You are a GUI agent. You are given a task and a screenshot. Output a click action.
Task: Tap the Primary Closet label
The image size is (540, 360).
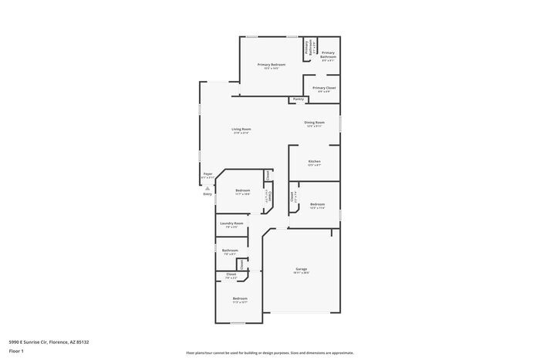pos(323,88)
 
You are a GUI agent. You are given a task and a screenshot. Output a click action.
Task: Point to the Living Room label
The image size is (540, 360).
pos(241,129)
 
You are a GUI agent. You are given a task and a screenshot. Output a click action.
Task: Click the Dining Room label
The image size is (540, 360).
pos(314,123)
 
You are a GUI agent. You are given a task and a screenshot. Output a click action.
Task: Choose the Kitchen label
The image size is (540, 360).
pos(314,161)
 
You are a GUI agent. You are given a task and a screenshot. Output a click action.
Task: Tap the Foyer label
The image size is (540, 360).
pos(208,174)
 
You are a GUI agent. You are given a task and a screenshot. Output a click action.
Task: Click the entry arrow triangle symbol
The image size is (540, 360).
pos(207,187)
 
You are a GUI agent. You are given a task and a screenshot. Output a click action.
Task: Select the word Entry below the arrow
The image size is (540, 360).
pos(208,193)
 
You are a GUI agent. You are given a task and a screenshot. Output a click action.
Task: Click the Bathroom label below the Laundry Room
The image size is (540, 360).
pos(230,251)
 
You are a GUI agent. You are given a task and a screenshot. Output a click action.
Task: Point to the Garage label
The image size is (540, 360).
pos(301,269)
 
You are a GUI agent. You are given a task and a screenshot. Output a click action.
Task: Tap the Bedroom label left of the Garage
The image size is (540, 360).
pos(240,298)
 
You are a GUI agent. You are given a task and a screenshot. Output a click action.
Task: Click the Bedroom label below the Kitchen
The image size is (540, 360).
pos(317,204)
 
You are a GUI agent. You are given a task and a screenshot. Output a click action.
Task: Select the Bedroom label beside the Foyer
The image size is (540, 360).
pos(242,190)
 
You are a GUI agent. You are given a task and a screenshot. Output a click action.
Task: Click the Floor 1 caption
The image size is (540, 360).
pos(17,351)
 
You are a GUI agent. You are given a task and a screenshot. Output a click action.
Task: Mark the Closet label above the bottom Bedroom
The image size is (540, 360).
pos(231,274)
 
